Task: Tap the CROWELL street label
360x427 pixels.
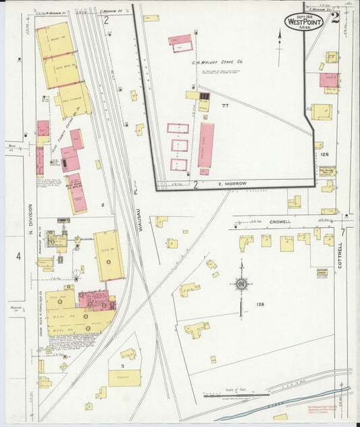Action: tap(278, 222)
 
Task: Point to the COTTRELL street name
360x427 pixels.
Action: tap(340, 256)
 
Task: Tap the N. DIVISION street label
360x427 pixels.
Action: tap(30, 224)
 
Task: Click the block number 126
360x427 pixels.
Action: tap(260, 305)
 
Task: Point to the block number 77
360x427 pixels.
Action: tap(225, 106)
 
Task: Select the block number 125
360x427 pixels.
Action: tap(324, 155)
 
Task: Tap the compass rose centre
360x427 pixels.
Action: tap(240, 285)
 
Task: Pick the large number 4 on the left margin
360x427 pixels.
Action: tap(19, 256)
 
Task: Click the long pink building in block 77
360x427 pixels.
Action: tap(206, 145)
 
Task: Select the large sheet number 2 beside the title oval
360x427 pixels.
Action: tap(336, 18)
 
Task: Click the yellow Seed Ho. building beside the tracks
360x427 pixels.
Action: tap(109, 255)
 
